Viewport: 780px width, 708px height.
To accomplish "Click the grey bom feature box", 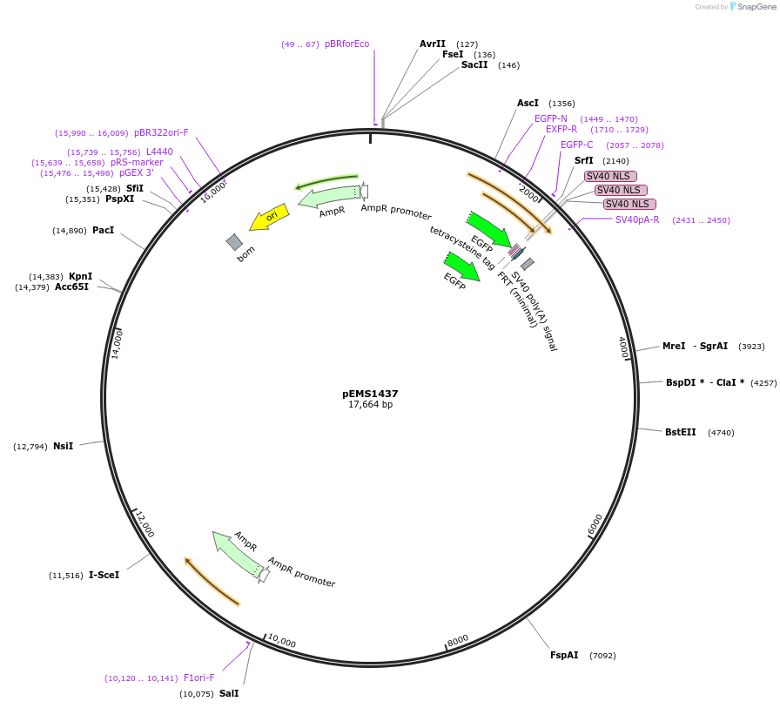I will (234, 241).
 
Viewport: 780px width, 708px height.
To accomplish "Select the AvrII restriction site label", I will (433, 44).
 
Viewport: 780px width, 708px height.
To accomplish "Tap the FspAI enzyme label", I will (564, 655).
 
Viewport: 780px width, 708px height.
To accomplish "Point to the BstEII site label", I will (681, 432).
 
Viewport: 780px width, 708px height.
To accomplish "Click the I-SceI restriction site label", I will (104, 575).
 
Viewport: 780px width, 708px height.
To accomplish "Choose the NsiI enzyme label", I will (64, 446).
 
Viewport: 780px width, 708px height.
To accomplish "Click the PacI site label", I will (103, 230).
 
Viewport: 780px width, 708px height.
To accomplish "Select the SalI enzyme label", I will (229, 693).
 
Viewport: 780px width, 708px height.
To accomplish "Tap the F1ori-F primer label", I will (198, 678).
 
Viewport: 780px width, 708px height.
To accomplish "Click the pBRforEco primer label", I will (346, 44).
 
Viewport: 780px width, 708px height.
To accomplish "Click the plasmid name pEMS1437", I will (370, 394).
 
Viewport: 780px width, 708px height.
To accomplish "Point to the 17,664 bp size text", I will (370, 405).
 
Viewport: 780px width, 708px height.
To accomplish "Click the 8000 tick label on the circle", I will (458, 640).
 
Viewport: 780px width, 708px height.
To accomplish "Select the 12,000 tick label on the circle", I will (145, 524).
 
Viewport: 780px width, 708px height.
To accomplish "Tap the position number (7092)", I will (602, 655).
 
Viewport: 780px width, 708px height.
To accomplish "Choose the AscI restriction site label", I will (528, 103).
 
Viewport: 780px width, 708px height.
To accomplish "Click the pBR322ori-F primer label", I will (161, 132).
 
